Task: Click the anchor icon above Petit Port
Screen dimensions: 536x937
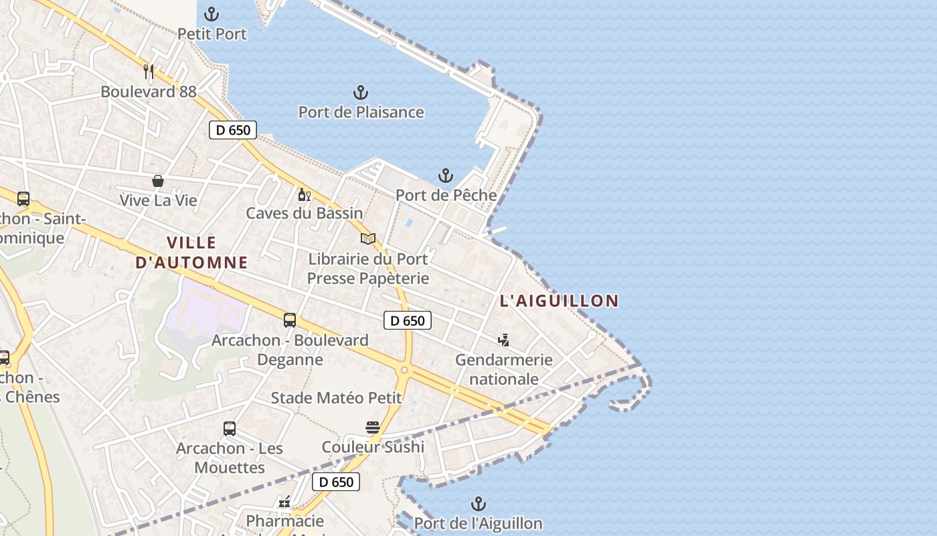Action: (211, 14)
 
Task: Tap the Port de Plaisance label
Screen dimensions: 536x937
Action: (361, 112)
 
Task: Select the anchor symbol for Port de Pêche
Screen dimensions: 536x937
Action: (446, 176)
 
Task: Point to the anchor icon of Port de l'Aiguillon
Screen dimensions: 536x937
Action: (478, 504)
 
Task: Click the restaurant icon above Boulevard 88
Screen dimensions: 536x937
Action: (149, 72)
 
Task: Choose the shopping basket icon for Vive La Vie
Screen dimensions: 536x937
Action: (158, 181)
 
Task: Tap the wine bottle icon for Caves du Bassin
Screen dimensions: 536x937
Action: (304, 194)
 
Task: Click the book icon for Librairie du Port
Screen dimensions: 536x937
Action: (368, 239)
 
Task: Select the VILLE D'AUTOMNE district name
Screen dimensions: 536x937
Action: (191, 252)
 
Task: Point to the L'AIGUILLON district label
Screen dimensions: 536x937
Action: (559, 301)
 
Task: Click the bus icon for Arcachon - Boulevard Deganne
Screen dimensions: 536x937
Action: (290, 320)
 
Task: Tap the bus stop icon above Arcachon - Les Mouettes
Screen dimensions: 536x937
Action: (230, 429)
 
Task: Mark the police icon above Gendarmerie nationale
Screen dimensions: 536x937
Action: (503, 340)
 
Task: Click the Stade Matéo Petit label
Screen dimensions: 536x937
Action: (336, 398)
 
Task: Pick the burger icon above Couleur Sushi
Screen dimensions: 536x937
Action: (373, 427)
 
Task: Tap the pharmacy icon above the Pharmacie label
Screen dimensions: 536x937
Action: (284, 502)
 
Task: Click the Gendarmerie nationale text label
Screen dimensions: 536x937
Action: (504, 369)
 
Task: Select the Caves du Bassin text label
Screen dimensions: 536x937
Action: (305, 213)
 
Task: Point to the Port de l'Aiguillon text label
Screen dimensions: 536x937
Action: (478, 523)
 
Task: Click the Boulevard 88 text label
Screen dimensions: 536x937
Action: (149, 91)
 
